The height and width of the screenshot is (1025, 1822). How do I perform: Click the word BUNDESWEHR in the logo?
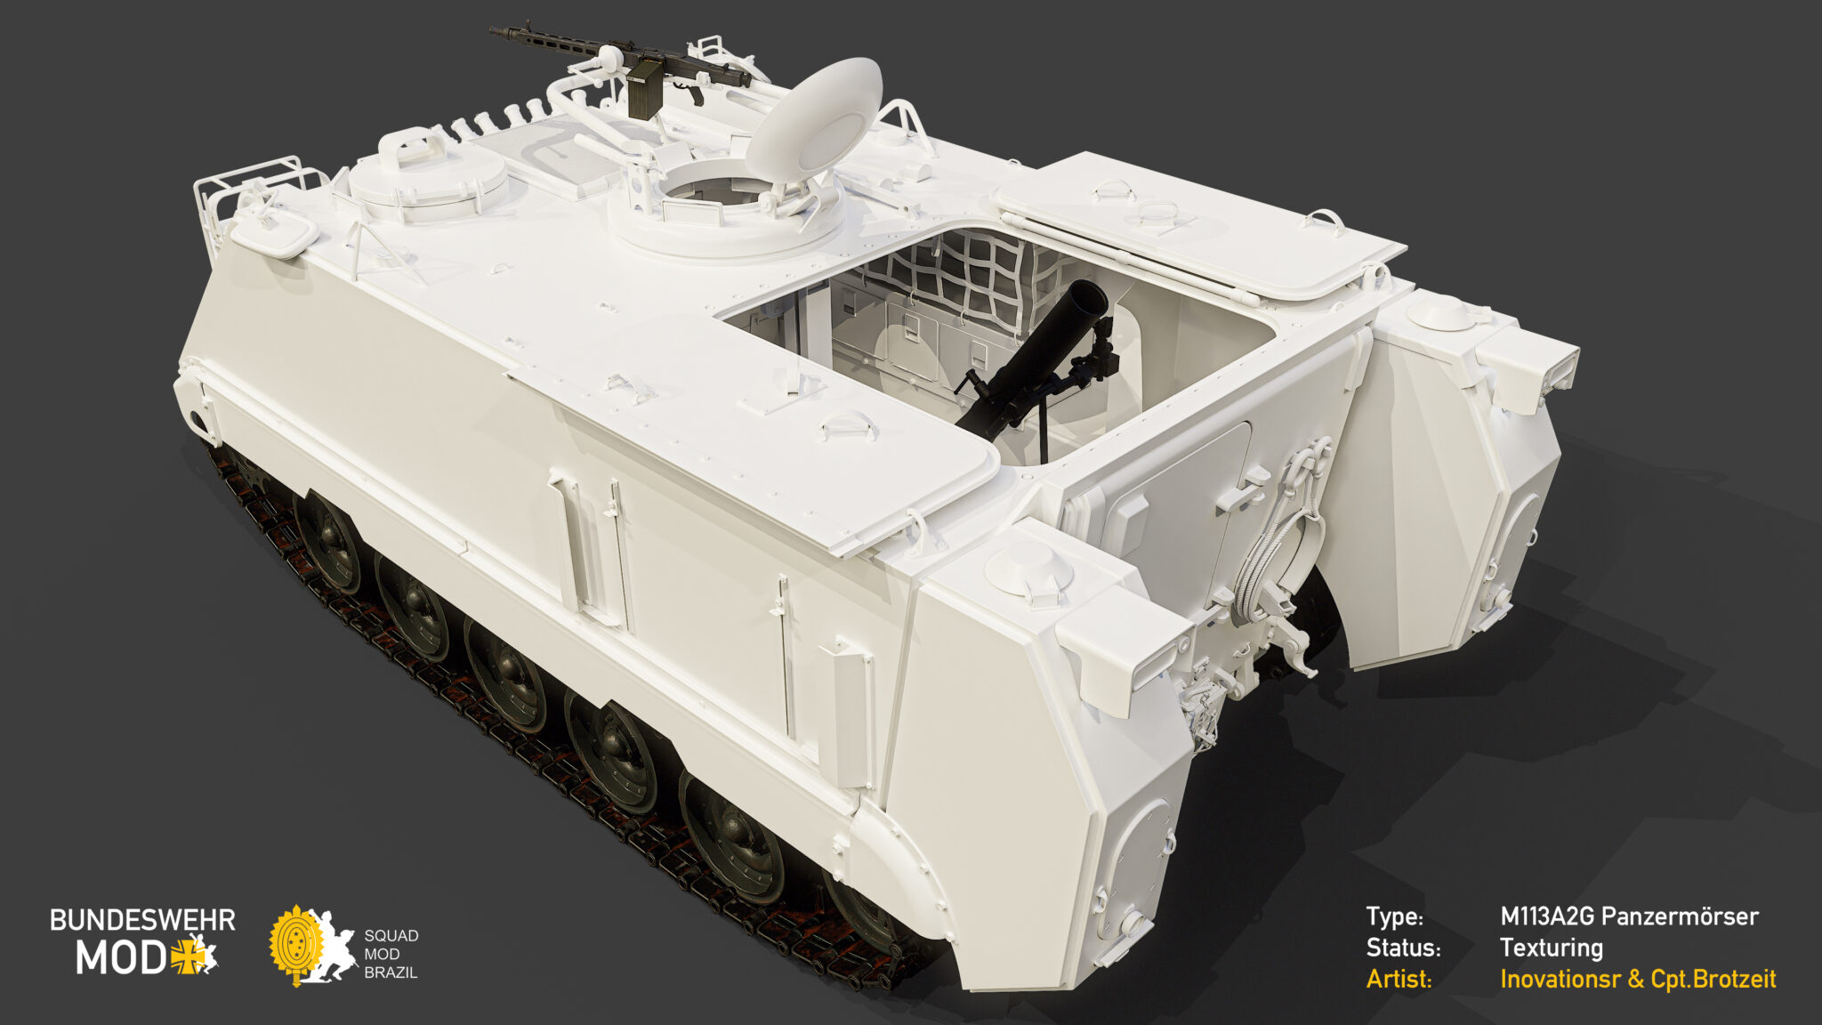pyautogui.click(x=142, y=920)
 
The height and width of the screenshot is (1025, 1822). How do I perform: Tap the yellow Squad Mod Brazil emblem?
pyautogui.click(x=297, y=944)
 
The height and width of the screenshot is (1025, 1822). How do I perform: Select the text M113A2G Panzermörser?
pyautogui.click(x=1628, y=916)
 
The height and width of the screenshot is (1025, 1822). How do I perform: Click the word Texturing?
pyautogui.click(x=1551, y=948)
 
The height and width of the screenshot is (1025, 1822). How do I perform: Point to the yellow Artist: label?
pyautogui.click(x=1399, y=979)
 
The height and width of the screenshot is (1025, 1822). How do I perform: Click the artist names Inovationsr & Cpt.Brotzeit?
pyautogui.click(x=1637, y=979)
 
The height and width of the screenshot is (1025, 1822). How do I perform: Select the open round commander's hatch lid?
pyautogui.click(x=814, y=120)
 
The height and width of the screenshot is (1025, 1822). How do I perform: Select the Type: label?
pyautogui.click(x=1394, y=916)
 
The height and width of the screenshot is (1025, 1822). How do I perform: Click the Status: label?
pyautogui.click(x=1403, y=948)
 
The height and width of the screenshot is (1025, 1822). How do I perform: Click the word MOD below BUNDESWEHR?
pyautogui.click(x=120, y=958)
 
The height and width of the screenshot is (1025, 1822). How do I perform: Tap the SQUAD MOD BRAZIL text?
pyautogui.click(x=391, y=954)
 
